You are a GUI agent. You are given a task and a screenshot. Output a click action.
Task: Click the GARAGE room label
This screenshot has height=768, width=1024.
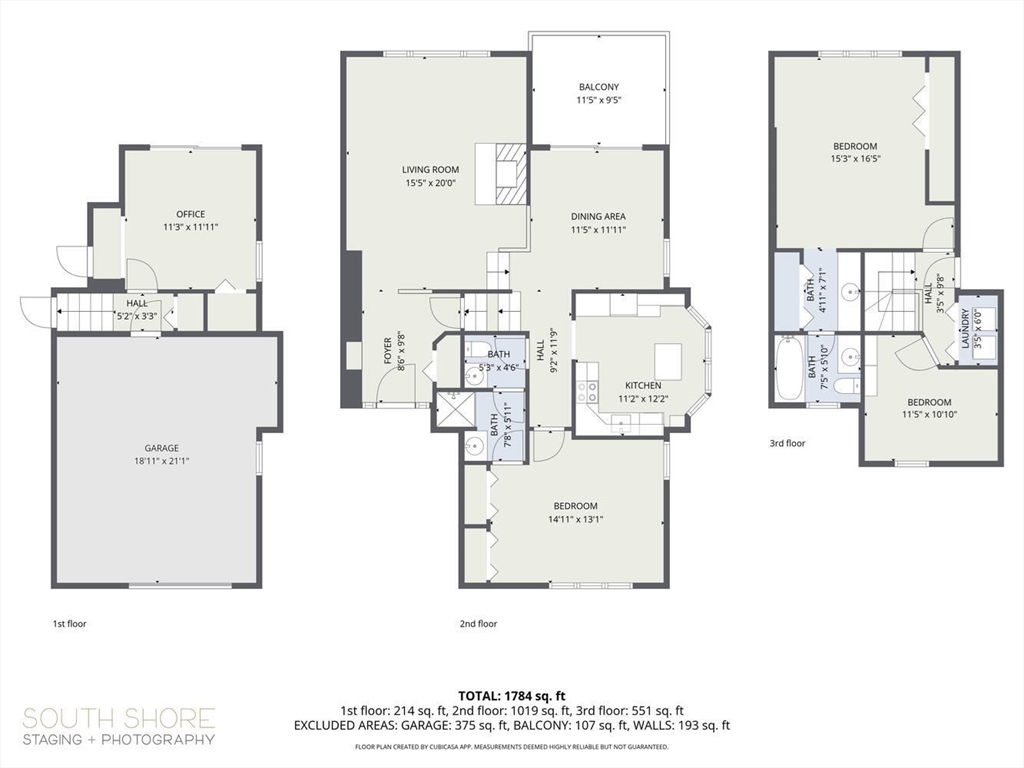(x=161, y=448)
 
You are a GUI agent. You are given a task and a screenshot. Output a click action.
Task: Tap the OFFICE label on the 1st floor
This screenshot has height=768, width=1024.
(x=191, y=214)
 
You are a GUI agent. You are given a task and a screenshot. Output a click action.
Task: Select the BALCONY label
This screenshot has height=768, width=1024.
(x=599, y=87)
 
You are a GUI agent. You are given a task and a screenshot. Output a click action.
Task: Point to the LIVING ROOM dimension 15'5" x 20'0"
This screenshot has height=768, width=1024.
(x=430, y=184)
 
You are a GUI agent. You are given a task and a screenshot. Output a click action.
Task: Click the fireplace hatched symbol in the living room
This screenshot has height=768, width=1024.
(x=509, y=174)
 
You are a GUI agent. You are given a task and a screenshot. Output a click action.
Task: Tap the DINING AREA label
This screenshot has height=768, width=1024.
(x=598, y=216)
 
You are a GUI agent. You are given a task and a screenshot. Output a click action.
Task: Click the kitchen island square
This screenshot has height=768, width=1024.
(x=668, y=358)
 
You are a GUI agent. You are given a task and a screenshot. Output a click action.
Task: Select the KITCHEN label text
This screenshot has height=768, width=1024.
(x=643, y=385)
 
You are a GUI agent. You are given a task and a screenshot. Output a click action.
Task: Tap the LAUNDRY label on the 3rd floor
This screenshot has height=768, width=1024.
(x=965, y=328)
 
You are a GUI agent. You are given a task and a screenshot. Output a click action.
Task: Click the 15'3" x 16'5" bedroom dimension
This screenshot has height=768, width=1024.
(x=855, y=159)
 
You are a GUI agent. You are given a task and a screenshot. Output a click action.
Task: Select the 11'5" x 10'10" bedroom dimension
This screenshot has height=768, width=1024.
(x=929, y=414)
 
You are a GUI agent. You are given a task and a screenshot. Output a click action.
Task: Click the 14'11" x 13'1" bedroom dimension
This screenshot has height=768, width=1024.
(x=575, y=520)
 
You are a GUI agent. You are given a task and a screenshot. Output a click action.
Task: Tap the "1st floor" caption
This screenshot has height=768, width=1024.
(x=69, y=624)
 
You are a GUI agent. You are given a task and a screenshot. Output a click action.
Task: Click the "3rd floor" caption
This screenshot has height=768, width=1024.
(x=787, y=443)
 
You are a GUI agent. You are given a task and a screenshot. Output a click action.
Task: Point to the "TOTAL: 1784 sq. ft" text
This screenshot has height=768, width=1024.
(x=511, y=696)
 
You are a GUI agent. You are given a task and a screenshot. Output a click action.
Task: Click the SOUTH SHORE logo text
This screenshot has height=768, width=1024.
(x=119, y=718)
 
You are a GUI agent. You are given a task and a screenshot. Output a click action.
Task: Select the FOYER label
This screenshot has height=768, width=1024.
(x=387, y=351)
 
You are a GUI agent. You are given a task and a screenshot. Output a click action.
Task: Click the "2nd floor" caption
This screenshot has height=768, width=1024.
(x=479, y=624)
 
